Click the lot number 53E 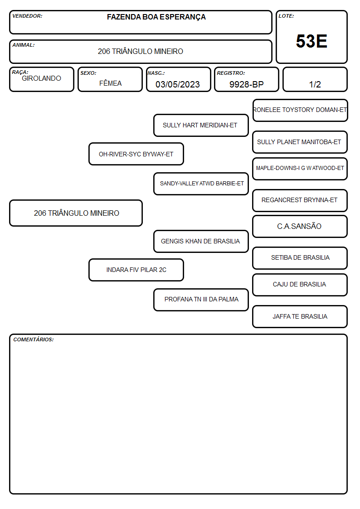311,41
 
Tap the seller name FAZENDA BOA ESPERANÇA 156,17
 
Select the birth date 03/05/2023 178,84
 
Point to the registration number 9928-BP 246,84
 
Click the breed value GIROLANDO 41,78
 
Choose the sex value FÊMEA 110,83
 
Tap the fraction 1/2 315,84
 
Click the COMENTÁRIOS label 34,339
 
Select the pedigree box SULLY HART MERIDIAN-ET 201,125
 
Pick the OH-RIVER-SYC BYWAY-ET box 136,154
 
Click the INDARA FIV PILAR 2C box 136,270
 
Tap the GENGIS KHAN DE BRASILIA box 201,241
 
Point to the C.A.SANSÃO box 300,226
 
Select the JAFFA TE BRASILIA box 300,316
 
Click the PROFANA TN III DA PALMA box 201,300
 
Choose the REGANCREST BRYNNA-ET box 300,200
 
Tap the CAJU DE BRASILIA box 300,285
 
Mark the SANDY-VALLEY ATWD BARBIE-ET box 201,184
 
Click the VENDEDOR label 27,16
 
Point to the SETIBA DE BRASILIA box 300,258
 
